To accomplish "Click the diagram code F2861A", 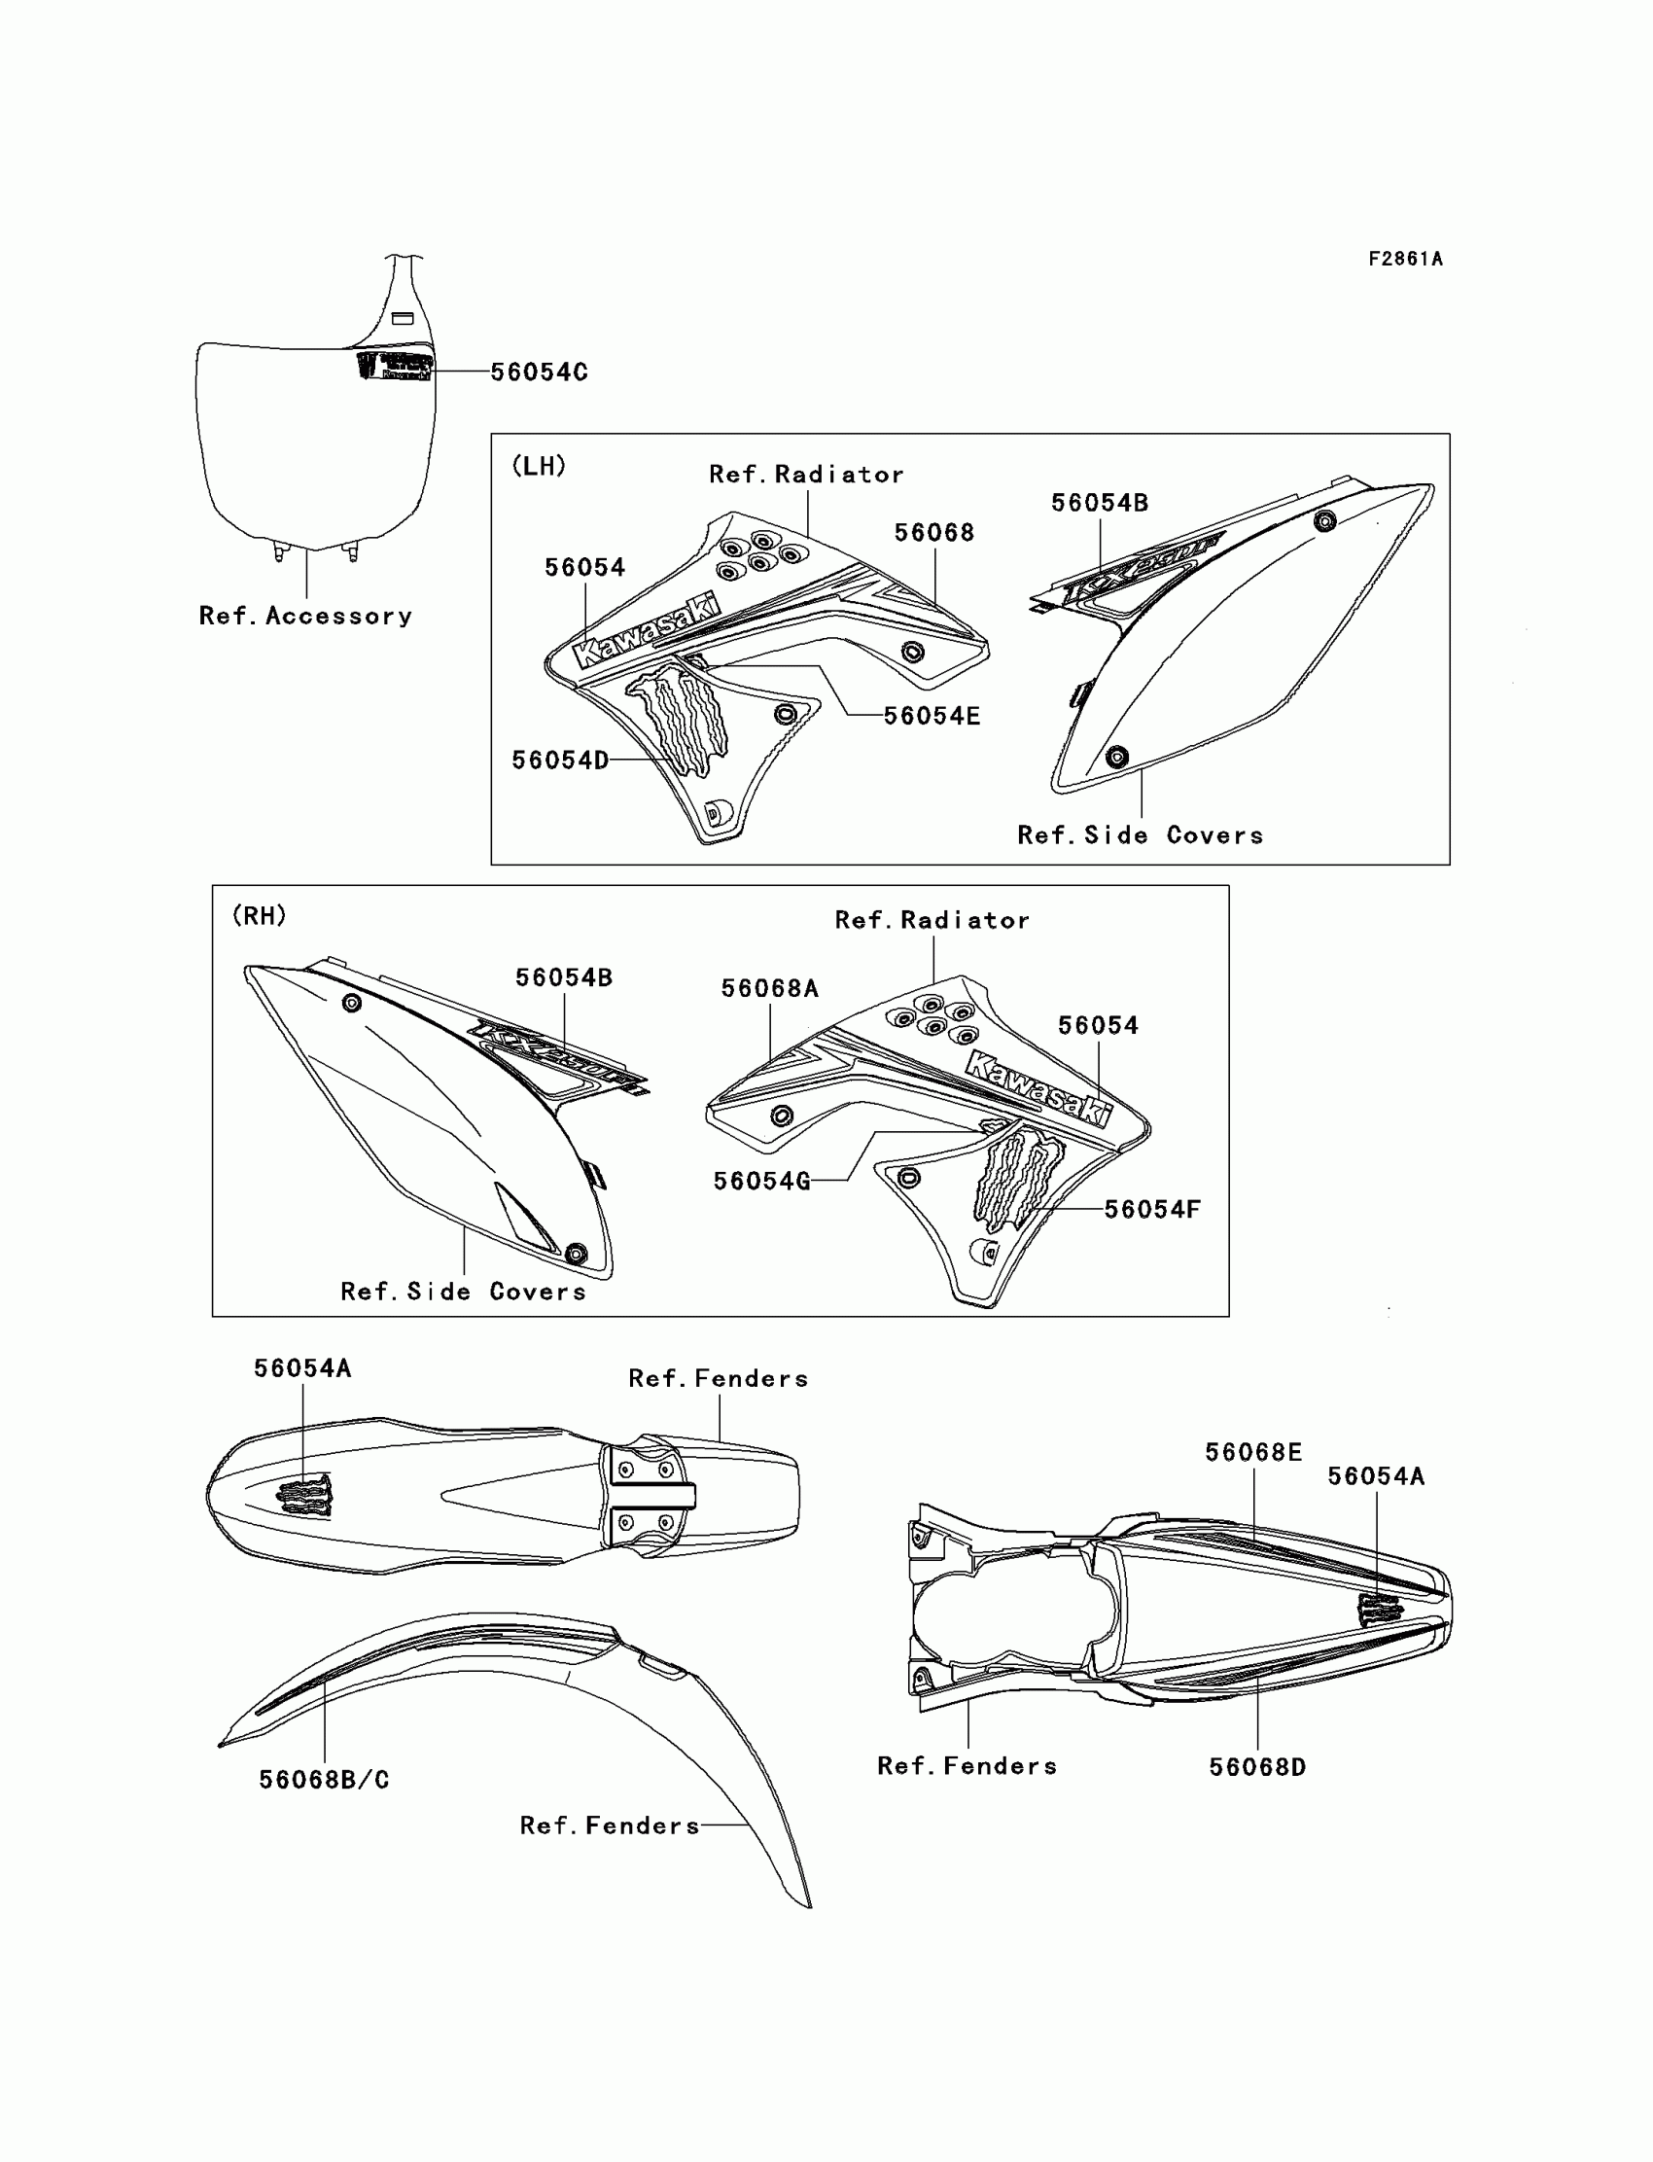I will tap(1405, 259).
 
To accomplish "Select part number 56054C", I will tap(539, 372).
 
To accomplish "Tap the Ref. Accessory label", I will tap(305, 616).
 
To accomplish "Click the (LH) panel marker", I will tap(540, 466).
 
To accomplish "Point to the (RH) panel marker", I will tap(260, 915).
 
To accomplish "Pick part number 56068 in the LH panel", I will tap(933, 532).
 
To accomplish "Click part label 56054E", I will tap(931, 716).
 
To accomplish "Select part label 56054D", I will tap(560, 760).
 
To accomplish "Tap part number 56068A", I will tap(769, 988).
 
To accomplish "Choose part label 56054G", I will tap(761, 1181).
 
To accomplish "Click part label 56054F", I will tap(1152, 1209).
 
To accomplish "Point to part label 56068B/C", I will tap(324, 1779).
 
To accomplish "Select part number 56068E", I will tap(1253, 1452).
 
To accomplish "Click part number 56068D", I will tap(1257, 1767).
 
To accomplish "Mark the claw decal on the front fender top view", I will tap(305, 1496).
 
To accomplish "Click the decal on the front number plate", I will tap(395, 366).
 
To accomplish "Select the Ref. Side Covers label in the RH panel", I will tap(463, 1292).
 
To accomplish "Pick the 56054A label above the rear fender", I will tap(1376, 1476).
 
